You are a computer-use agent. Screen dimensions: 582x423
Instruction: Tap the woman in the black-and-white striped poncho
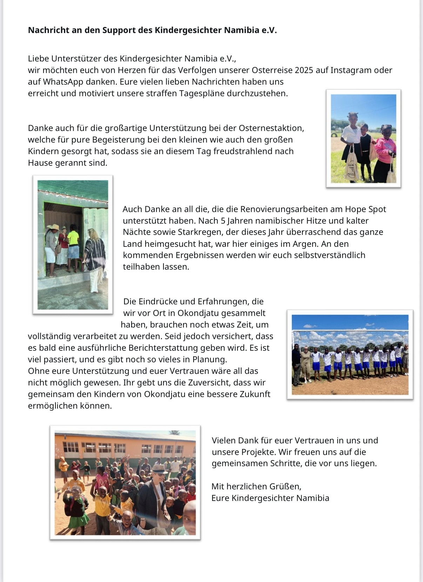[95, 260]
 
